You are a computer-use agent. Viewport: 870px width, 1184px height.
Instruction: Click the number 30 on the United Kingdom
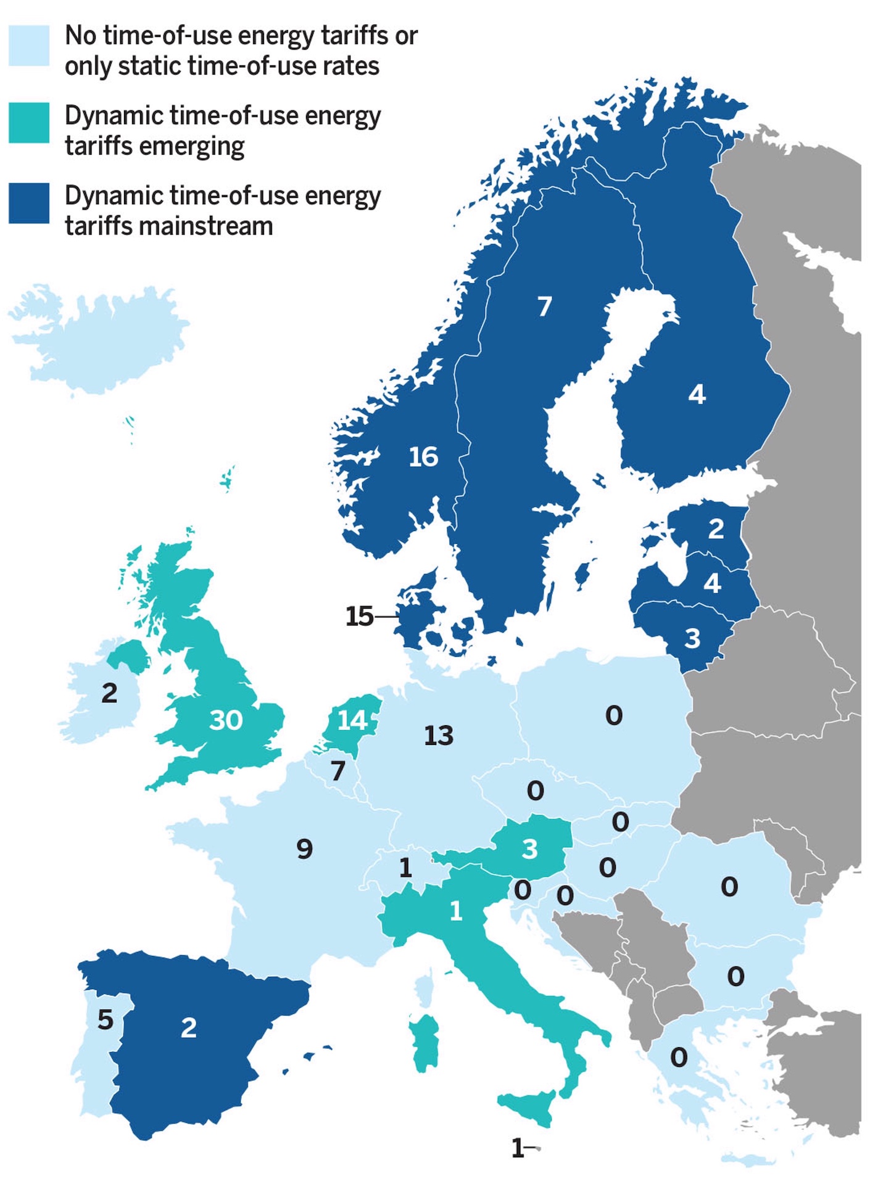click(x=226, y=720)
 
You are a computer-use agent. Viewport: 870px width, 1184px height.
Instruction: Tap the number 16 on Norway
click(x=423, y=457)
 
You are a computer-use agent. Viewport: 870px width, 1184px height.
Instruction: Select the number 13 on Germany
click(x=439, y=735)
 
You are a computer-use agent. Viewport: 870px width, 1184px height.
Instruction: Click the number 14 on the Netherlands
click(x=352, y=720)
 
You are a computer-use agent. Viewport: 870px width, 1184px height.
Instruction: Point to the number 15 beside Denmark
click(x=359, y=616)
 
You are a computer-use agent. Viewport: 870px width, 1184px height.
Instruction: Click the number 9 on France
click(x=305, y=849)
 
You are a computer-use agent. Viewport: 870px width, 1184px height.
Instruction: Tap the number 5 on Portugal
click(x=106, y=1020)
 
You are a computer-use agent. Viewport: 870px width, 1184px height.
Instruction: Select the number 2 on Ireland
click(x=109, y=693)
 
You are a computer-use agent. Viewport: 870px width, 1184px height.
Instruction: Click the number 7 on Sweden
click(x=544, y=306)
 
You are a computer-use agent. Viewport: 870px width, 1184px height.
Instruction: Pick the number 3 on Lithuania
click(x=692, y=639)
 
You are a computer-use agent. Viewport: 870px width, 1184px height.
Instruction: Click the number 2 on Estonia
click(x=716, y=528)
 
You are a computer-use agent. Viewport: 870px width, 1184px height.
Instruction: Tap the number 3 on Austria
click(x=529, y=849)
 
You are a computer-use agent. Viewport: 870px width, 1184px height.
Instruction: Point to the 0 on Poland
click(x=614, y=715)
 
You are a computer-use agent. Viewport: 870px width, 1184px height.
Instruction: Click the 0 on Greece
click(x=679, y=1058)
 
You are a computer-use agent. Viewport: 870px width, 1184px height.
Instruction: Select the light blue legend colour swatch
click(x=29, y=45)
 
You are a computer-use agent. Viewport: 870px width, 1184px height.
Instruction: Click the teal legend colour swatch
click(x=29, y=123)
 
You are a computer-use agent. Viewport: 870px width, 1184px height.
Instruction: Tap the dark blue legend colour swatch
click(x=29, y=203)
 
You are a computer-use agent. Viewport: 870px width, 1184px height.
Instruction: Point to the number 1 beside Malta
click(x=517, y=1148)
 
